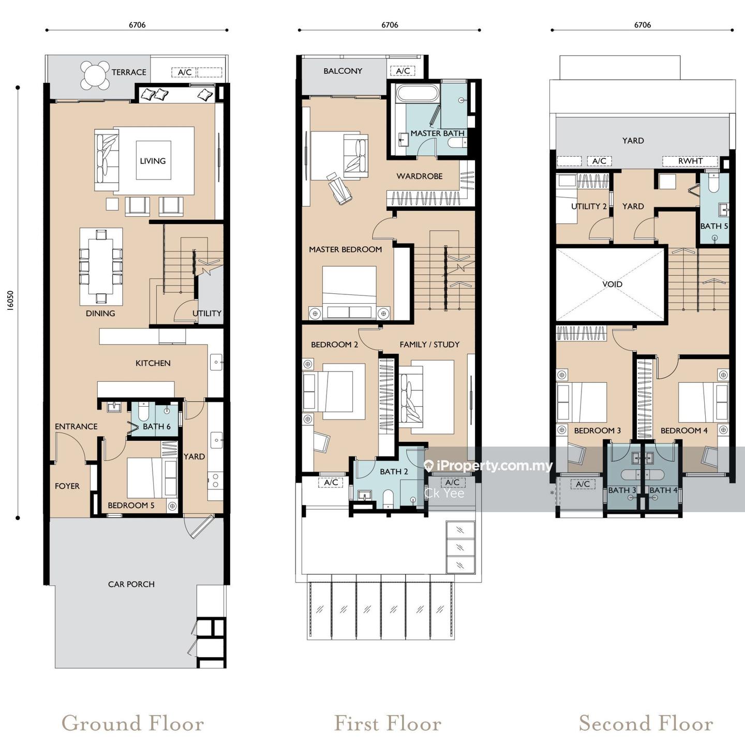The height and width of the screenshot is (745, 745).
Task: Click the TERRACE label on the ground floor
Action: tap(129, 72)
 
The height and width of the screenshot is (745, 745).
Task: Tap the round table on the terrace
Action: tap(95, 75)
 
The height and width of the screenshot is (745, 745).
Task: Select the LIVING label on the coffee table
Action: tap(153, 161)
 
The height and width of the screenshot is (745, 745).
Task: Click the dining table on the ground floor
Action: tap(100, 267)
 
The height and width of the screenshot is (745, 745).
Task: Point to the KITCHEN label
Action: tap(153, 363)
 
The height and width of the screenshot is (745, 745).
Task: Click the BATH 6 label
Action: tap(157, 427)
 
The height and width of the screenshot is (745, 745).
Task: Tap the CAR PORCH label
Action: tap(131, 584)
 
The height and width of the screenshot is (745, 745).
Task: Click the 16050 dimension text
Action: tap(10, 301)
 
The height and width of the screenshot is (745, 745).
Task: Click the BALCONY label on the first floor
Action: tap(343, 71)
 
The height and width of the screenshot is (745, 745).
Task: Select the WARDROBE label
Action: tap(420, 176)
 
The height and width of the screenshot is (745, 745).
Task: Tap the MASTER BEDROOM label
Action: tap(345, 250)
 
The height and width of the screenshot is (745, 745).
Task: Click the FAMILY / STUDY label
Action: tap(429, 345)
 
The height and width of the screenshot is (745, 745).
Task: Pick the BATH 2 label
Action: tap(394, 472)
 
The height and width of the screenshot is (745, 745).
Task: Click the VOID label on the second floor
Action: tap(613, 284)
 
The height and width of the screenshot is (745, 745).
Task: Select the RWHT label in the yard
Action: tap(691, 161)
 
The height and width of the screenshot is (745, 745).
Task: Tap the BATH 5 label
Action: tap(714, 226)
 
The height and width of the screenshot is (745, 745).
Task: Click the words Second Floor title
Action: tap(646, 723)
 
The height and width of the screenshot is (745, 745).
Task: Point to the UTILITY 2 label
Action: tap(589, 206)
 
